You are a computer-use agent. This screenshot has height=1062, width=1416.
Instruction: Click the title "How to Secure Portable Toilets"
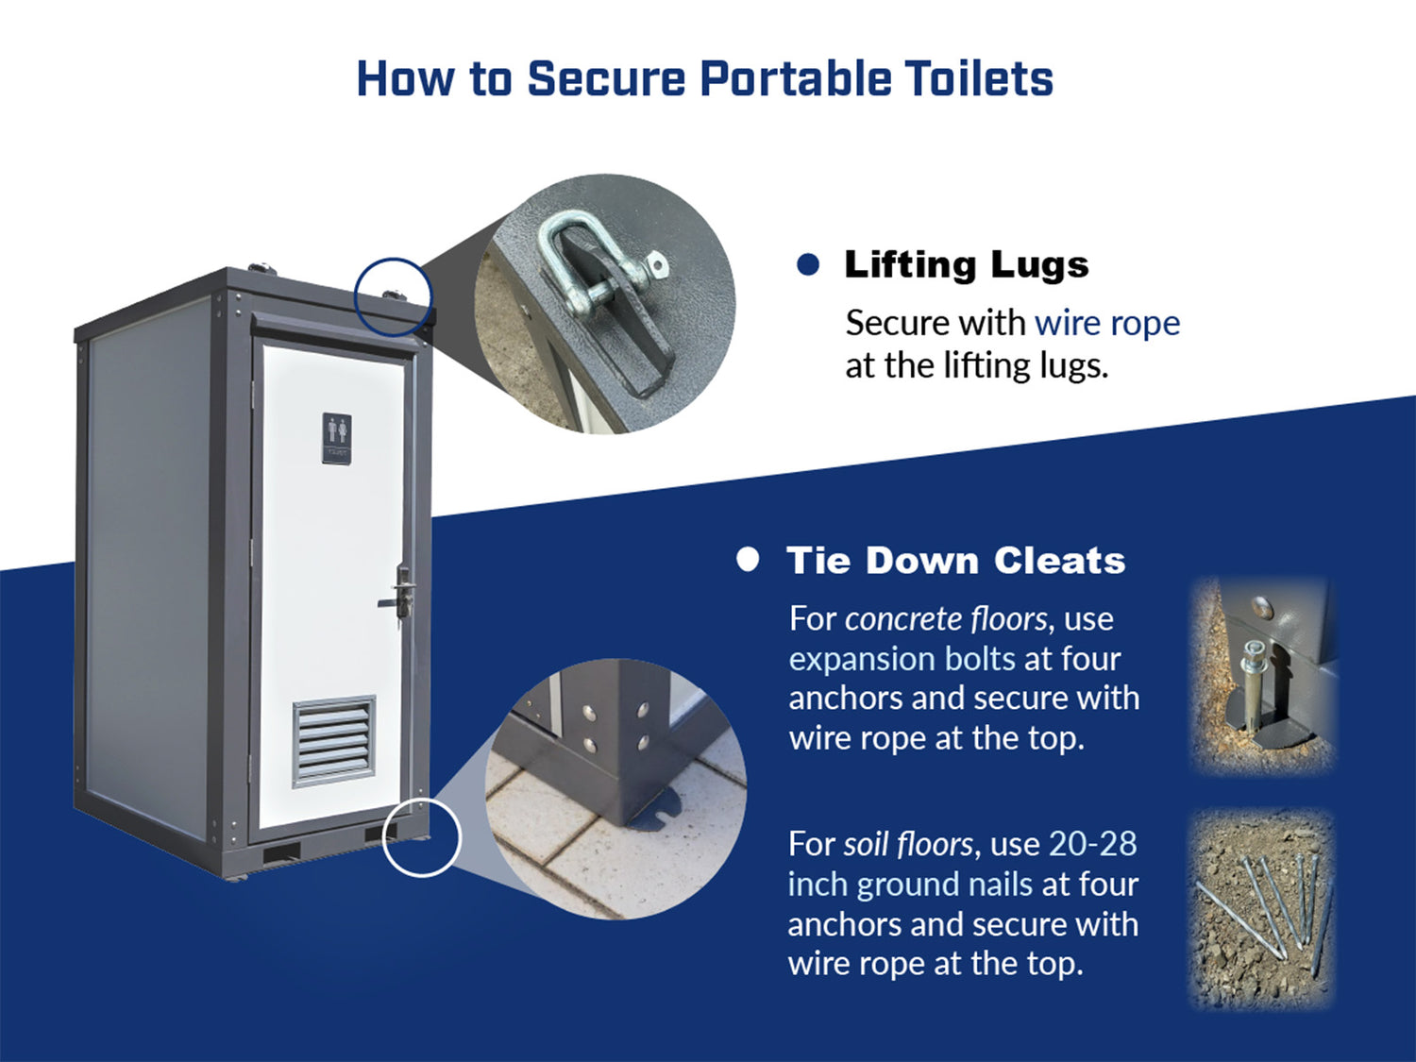(705, 78)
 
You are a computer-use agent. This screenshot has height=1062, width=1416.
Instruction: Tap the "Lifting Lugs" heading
(967, 265)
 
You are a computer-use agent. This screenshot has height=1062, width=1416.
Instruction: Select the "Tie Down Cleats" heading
(956, 560)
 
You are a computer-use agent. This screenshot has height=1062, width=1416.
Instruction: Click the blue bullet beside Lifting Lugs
(808, 264)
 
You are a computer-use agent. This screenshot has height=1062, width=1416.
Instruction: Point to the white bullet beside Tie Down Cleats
(748, 559)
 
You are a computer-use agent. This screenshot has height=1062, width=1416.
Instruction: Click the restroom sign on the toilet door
(337, 438)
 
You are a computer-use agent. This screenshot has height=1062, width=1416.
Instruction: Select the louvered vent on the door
(333, 742)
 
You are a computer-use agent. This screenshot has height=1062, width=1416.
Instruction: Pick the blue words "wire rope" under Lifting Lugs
(1107, 324)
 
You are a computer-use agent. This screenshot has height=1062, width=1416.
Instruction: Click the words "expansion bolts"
(902, 659)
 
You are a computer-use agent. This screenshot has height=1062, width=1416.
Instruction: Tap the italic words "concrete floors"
(946, 619)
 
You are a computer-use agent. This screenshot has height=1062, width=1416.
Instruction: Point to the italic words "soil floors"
(908, 843)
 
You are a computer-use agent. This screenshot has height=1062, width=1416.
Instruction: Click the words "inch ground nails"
(910, 885)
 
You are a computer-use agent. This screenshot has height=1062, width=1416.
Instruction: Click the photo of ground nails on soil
(1261, 909)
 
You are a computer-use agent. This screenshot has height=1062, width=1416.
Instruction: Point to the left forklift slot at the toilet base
(282, 854)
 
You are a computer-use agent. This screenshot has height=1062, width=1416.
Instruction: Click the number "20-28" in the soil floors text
(1093, 843)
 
